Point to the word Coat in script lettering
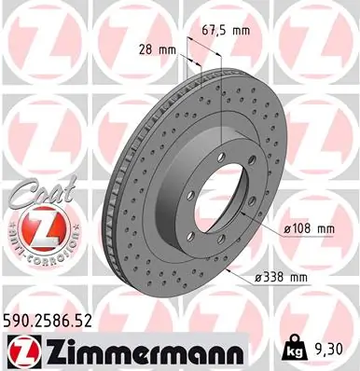(37, 196)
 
